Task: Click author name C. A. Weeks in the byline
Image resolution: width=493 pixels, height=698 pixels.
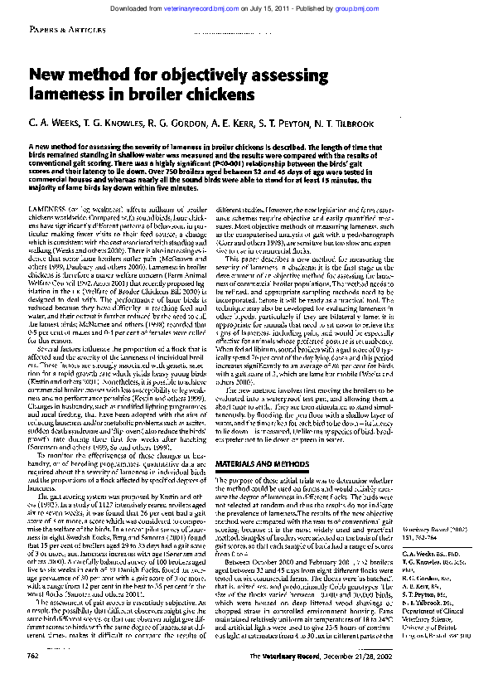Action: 57,123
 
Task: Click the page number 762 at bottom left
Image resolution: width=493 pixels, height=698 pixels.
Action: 34,679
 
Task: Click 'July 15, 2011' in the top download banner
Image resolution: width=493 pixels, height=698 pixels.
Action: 290,6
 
